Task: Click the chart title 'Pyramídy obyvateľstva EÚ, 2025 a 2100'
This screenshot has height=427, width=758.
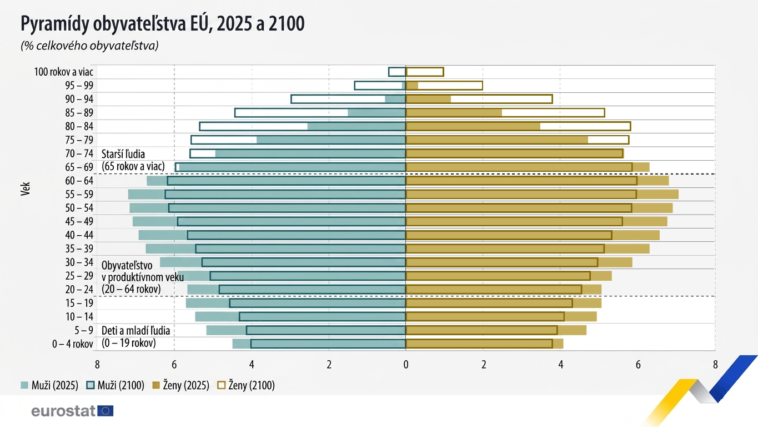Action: coord(162,24)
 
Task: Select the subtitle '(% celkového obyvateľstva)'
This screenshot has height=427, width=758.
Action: coord(89,46)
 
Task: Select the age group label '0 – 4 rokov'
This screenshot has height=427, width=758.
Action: coord(73,344)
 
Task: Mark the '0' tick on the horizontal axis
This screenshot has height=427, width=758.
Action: coord(406,365)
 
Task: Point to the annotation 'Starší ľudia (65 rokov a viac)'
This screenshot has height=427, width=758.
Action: coord(133,160)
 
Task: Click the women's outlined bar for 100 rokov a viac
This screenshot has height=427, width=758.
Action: coord(425,72)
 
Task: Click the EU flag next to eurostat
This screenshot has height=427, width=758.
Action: coord(106,411)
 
